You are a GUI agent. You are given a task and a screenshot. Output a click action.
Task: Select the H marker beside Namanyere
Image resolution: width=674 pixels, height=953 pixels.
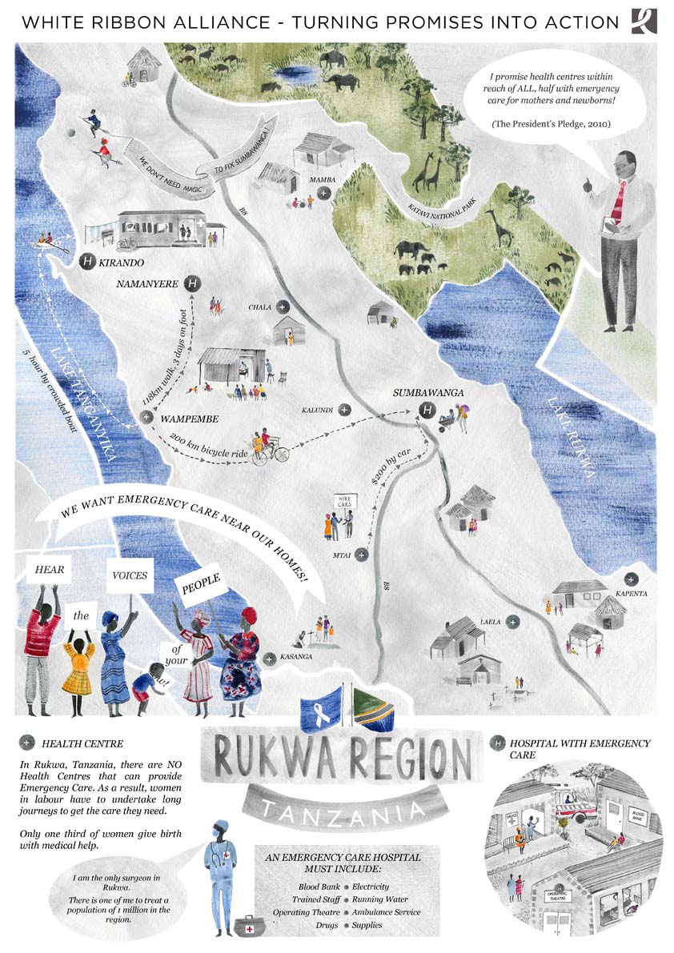(192, 283)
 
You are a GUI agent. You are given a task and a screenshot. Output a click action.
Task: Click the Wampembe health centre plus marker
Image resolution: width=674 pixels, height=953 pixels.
(146, 417)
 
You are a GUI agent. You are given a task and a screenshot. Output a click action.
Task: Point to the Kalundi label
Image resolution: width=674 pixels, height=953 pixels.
(317, 410)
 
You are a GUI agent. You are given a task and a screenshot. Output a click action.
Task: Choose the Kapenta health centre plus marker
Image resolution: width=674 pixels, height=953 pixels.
(632, 579)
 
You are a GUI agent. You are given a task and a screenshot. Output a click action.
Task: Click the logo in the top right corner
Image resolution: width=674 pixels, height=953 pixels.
(644, 21)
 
